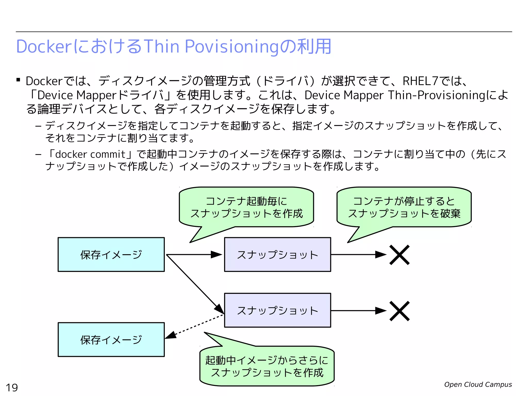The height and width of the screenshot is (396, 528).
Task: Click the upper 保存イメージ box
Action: (x=111, y=254)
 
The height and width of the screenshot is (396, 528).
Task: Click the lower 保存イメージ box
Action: (x=111, y=340)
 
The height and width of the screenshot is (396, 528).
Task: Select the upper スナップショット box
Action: (x=277, y=254)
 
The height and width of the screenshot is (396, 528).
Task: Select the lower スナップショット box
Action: (x=277, y=310)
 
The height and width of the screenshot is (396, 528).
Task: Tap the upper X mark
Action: (x=399, y=255)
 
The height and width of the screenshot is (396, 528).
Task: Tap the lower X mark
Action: (x=399, y=311)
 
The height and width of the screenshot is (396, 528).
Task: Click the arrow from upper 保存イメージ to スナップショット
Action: (x=193, y=254)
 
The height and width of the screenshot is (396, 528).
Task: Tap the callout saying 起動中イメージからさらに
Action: (x=267, y=366)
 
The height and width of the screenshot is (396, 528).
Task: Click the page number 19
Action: (x=12, y=387)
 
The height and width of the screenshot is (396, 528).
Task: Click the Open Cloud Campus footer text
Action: (x=478, y=384)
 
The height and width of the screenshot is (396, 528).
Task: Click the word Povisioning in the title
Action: (x=232, y=47)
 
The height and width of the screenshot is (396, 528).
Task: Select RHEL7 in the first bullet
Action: (x=420, y=81)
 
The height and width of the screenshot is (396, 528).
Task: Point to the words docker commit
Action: (x=90, y=154)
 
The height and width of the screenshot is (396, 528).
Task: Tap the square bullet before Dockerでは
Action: (x=18, y=80)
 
